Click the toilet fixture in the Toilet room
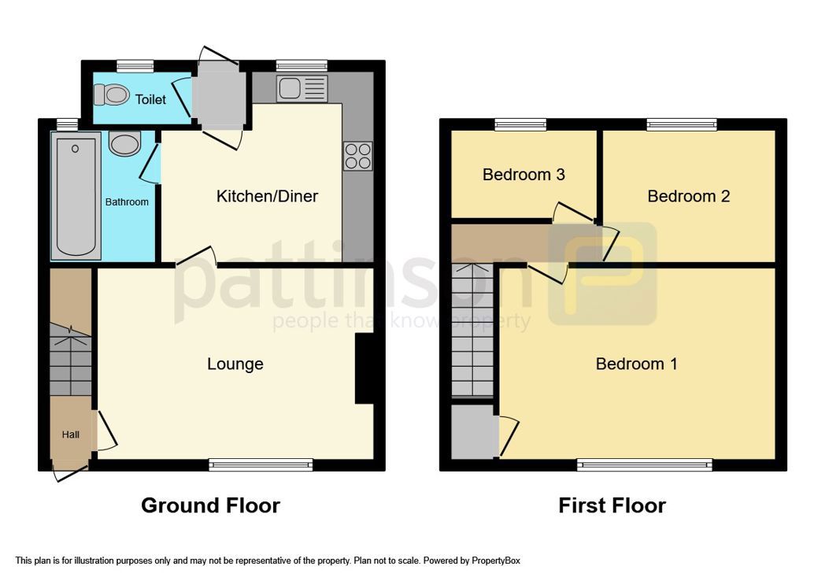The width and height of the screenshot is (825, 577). (111, 96)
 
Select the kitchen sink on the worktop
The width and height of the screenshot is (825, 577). (302, 88)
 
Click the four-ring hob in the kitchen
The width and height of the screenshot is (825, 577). (358, 156)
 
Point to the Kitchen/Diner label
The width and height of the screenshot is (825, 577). (267, 197)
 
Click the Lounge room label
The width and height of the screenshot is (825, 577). (235, 364)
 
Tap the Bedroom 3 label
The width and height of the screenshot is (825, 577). (523, 175)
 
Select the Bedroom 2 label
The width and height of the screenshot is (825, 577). (688, 196)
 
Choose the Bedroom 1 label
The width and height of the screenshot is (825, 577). (636, 364)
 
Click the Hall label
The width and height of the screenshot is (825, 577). (71, 435)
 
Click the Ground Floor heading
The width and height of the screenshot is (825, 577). (210, 505)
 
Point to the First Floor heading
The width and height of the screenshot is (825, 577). (612, 505)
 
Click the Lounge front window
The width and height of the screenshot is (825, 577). (261, 465)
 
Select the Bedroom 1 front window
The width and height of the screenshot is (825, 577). (644, 465)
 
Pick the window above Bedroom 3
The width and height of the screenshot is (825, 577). (520, 124)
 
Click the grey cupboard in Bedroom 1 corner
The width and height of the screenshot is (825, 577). (474, 431)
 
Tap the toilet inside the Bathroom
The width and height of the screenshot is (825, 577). (124, 144)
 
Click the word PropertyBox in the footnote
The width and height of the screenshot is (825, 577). (496, 561)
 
